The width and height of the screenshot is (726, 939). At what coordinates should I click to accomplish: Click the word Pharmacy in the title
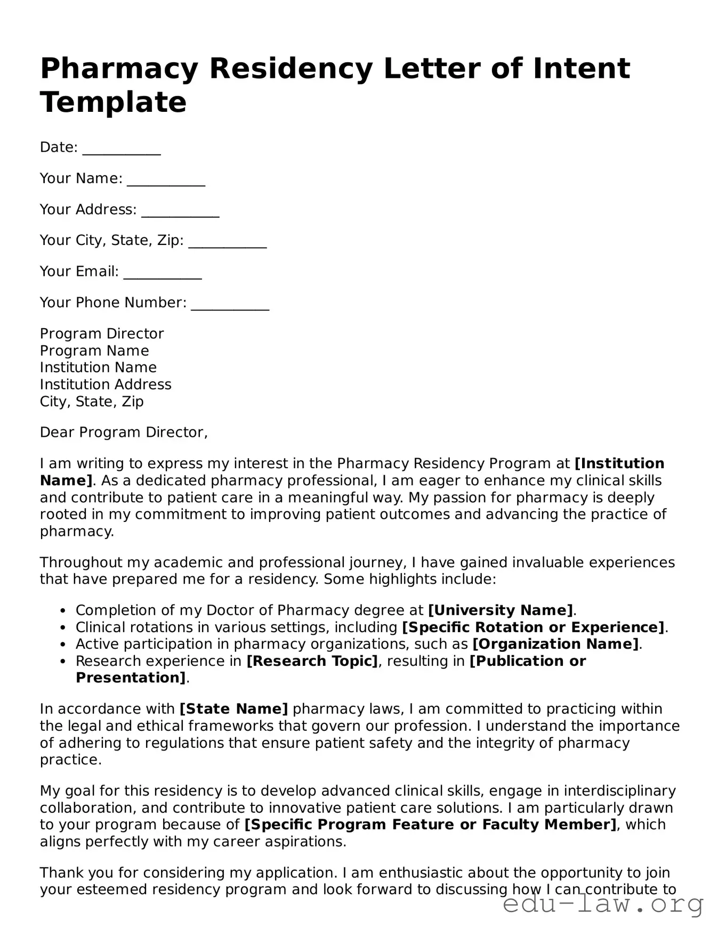point(118,69)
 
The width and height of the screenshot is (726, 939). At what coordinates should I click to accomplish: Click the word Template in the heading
point(113,102)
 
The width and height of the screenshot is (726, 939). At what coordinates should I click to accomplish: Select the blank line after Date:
point(122,149)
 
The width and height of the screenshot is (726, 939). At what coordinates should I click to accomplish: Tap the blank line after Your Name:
point(166,180)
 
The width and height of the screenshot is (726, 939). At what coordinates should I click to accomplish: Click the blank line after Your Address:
point(180,211)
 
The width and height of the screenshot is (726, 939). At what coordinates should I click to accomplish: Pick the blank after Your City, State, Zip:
point(228,242)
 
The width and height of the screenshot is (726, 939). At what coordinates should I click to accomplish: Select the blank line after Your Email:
point(163,273)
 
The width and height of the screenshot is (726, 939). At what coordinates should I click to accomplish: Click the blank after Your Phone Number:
point(230,304)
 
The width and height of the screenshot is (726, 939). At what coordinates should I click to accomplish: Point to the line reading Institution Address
point(106,385)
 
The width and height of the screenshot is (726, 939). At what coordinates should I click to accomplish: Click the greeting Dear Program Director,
point(124,432)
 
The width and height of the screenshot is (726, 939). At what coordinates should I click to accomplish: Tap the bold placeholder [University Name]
point(501,610)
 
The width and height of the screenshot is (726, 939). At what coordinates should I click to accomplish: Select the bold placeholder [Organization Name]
point(555,644)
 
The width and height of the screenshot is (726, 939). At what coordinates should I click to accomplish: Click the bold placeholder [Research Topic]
point(312,661)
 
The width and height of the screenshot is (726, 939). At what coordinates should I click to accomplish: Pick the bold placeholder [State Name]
point(234,709)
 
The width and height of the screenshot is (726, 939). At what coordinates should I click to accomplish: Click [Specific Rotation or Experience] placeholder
point(533,627)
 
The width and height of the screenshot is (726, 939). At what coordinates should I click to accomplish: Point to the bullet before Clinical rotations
point(63,628)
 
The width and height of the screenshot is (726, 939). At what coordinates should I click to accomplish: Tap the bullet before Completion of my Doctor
point(63,611)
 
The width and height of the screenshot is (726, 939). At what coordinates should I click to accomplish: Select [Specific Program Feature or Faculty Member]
point(430,824)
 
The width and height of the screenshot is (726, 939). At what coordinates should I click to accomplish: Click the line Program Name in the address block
point(94,351)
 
